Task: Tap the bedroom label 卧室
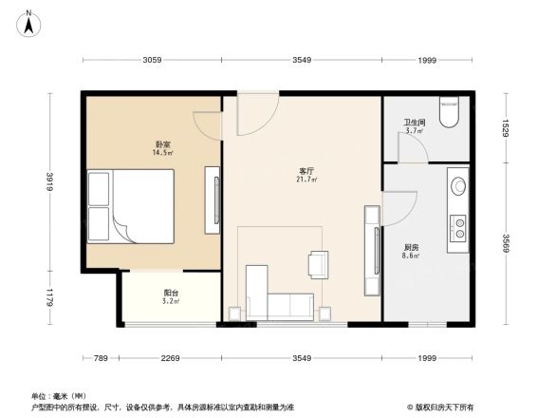pos(162,143)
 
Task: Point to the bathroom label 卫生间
pos(414,123)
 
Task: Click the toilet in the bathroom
pos(450,113)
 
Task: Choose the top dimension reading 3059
pos(152,61)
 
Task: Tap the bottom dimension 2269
pos(171,358)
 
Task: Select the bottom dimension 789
pos(100,358)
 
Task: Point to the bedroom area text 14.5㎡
pos(162,153)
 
